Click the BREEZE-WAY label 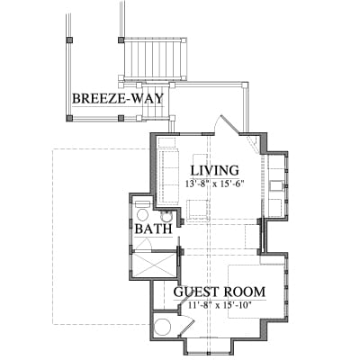pyautogui.click(x=118, y=98)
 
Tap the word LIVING pyautogui.click(x=215, y=170)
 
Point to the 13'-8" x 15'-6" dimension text pyautogui.click(x=213, y=184)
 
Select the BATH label pyautogui.click(x=153, y=229)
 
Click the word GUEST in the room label pyautogui.click(x=196, y=292)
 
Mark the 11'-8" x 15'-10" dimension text pyautogui.click(x=220, y=305)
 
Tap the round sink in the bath pyautogui.click(x=166, y=216)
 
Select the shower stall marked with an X pyautogui.click(x=153, y=265)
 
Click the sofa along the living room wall pyautogui.click(x=170, y=176)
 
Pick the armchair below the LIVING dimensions pyautogui.click(x=197, y=209)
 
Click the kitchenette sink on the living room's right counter pyautogui.click(x=274, y=186)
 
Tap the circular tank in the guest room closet pyautogui.click(x=162, y=327)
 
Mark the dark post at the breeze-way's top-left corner pyautogui.click(x=69, y=40)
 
